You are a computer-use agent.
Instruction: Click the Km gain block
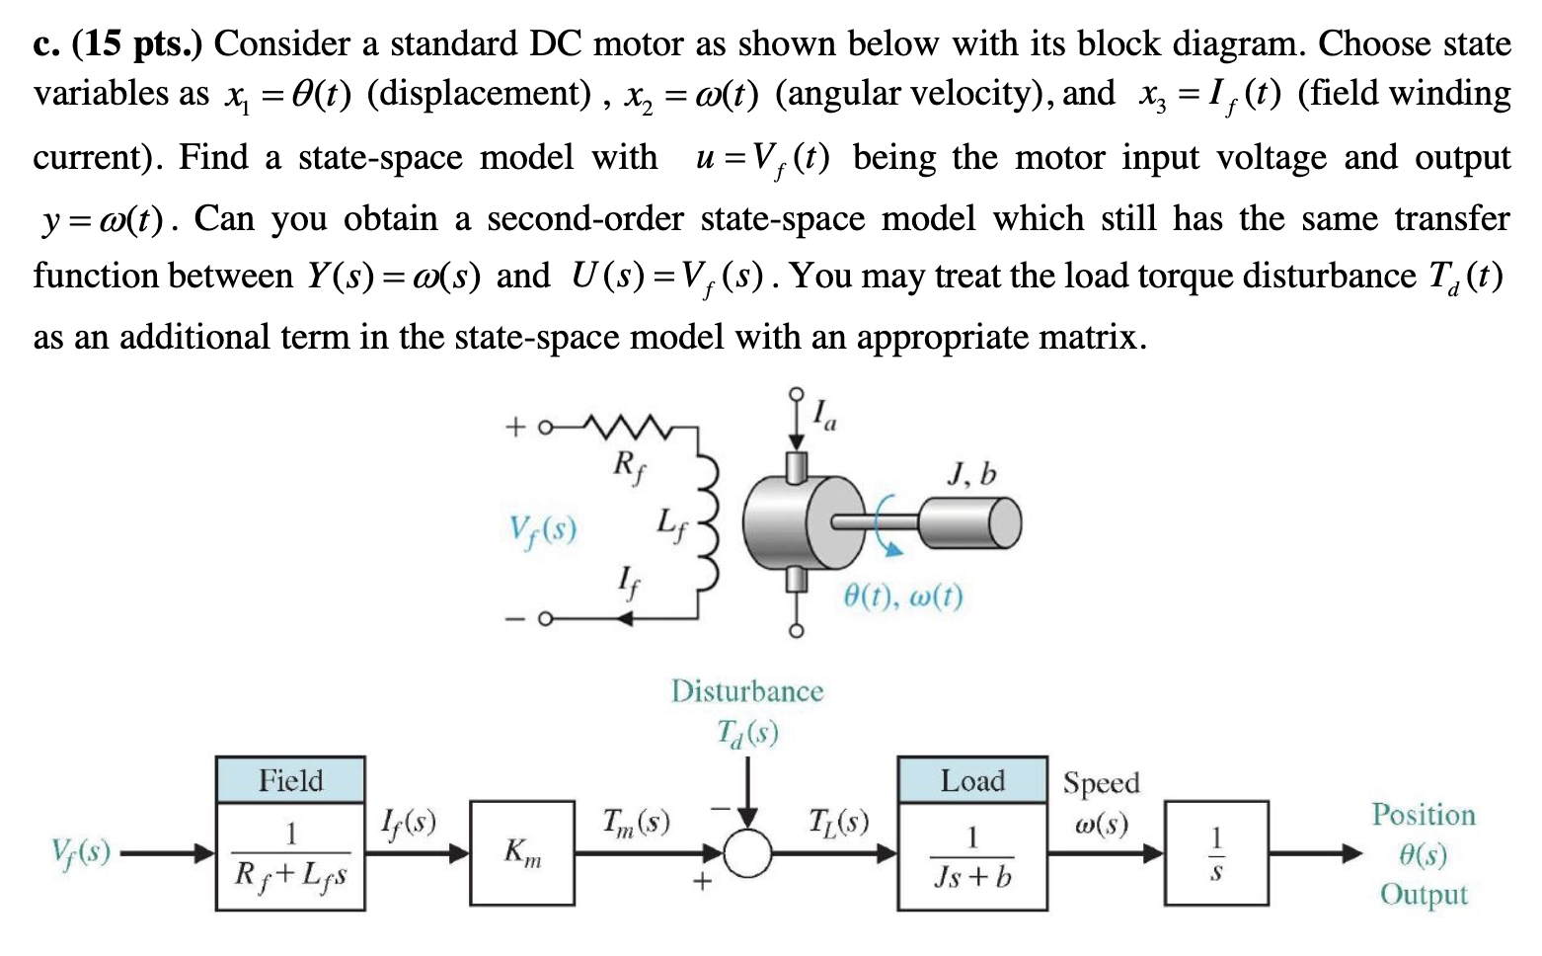coord(522,852)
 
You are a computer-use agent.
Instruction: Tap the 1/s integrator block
coord(1216,853)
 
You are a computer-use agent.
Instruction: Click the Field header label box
coord(290,780)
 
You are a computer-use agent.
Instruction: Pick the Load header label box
coord(972,780)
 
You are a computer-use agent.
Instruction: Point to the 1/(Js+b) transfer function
coord(972,857)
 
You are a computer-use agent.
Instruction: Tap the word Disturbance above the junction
coord(746,691)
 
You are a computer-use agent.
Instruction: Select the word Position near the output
coord(1423,815)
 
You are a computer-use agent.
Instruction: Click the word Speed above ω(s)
coord(1101,783)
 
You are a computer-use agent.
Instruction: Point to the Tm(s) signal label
coord(636,822)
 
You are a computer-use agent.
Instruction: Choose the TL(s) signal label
coord(838,822)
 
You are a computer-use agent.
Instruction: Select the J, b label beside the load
coord(971,476)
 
